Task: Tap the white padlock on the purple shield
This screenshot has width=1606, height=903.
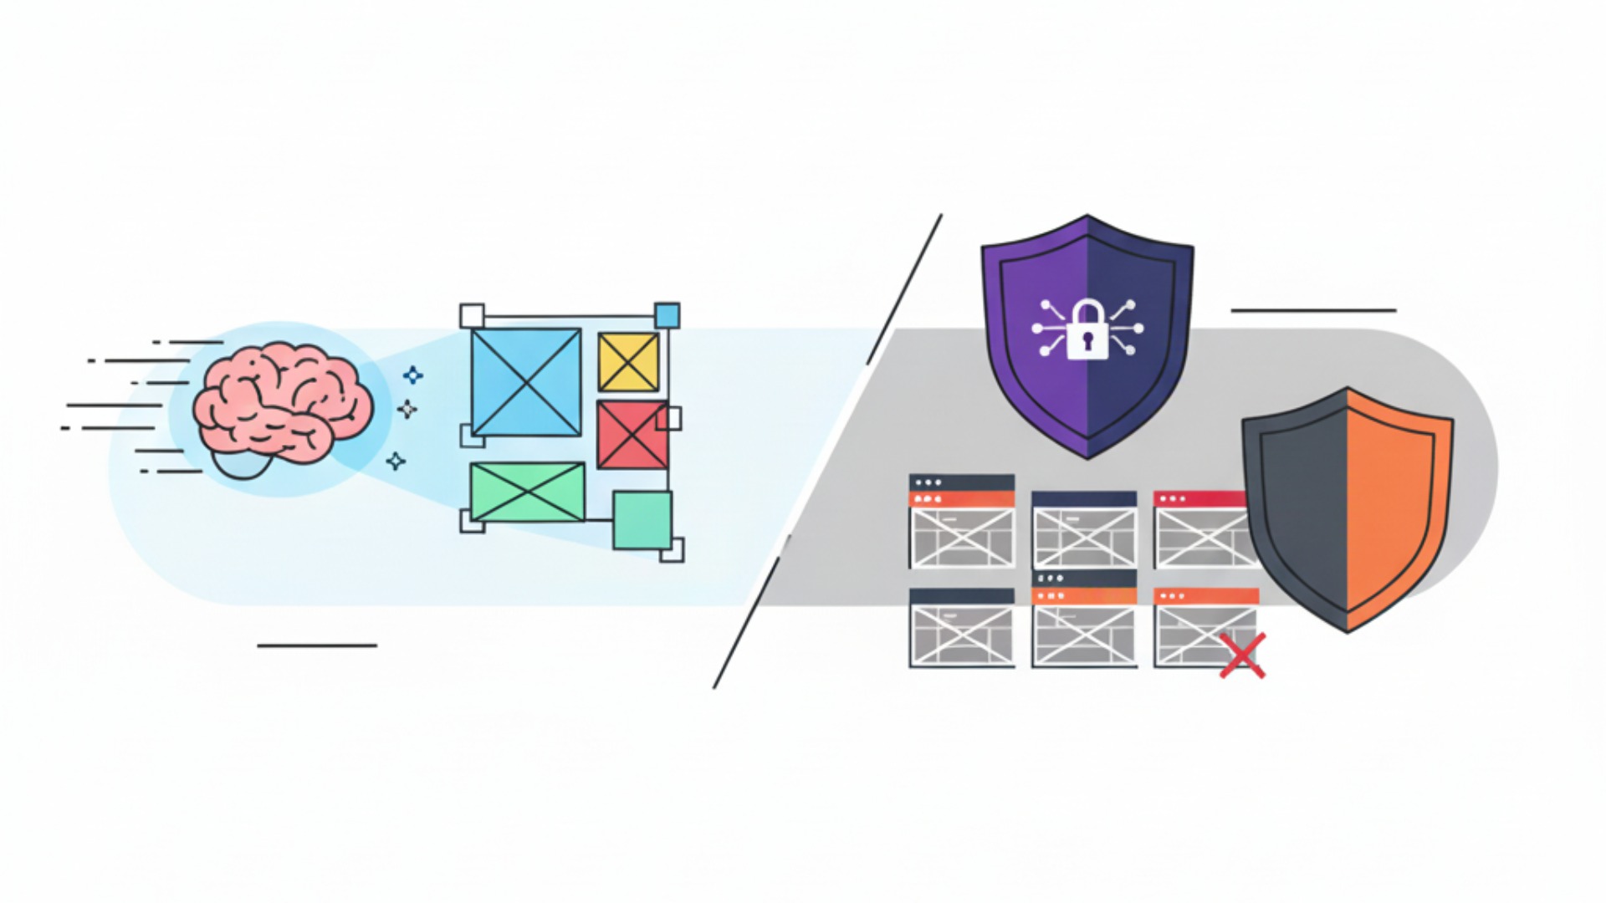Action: pyautogui.click(x=1087, y=331)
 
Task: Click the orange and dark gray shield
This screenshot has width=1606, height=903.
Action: pyautogui.click(x=1347, y=510)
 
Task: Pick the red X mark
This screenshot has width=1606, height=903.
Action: pyautogui.click(x=1242, y=655)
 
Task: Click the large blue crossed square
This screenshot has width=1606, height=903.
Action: pyautogui.click(x=525, y=382)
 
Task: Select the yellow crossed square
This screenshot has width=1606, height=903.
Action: pyautogui.click(x=628, y=362)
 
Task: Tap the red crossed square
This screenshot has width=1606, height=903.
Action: pyautogui.click(x=631, y=435)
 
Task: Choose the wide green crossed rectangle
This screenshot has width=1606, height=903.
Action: pyautogui.click(x=527, y=492)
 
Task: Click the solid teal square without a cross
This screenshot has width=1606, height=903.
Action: pyautogui.click(x=642, y=520)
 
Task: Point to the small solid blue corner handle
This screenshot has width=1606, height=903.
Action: pyautogui.click(x=667, y=316)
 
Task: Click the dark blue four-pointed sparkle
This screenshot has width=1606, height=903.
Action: pyautogui.click(x=412, y=375)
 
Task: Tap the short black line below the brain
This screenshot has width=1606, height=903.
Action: pyautogui.click(x=317, y=645)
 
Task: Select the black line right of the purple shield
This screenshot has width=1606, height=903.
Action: pyautogui.click(x=1313, y=310)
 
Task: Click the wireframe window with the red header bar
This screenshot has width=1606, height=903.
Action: pyautogui.click(x=1200, y=530)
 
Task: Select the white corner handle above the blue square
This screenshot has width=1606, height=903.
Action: pyautogui.click(x=472, y=316)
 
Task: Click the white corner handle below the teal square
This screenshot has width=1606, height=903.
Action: pyautogui.click(x=673, y=550)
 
